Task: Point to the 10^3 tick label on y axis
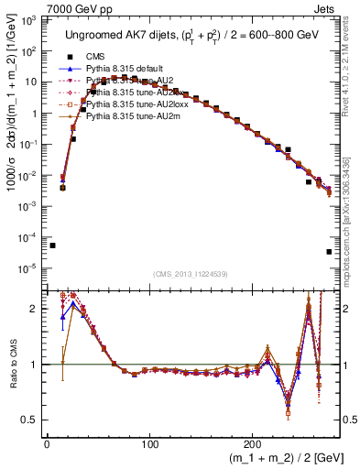(x=32, y=20)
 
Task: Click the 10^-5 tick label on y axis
(x=32, y=267)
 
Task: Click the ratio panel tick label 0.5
(x=32, y=420)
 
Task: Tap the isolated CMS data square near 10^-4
(x=52, y=245)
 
